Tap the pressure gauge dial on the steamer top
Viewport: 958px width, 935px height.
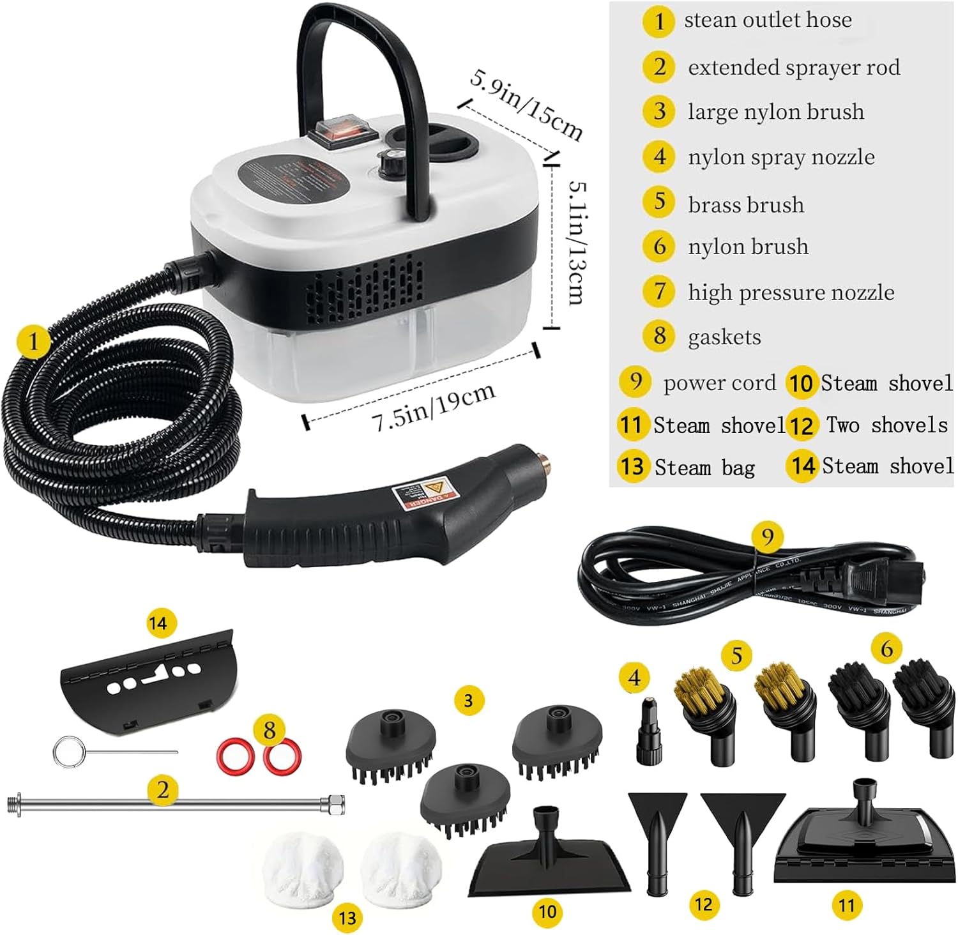389,164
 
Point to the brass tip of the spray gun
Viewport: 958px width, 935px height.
544,458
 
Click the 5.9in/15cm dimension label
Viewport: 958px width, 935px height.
526,105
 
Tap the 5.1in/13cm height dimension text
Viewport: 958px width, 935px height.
577,243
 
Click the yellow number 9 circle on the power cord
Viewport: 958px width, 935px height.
767,536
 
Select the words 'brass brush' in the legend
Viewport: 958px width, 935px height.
746,204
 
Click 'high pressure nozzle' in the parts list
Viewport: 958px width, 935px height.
791,292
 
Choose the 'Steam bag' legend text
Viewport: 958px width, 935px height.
704,467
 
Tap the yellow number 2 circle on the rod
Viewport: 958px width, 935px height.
162,790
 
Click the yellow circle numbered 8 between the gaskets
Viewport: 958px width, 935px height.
269,730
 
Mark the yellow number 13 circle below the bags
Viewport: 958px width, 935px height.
347,918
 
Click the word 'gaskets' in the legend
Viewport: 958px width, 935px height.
724,337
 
